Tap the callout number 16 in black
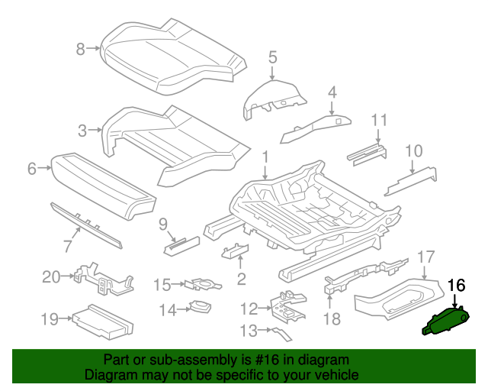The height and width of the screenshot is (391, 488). [x=456, y=286]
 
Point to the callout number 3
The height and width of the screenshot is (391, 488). [x=82, y=131]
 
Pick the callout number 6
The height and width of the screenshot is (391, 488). [x=32, y=169]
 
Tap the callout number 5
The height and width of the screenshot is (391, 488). [x=272, y=57]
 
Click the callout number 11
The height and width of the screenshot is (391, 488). [x=379, y=120]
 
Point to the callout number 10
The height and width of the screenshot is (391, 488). [x=413, y=150]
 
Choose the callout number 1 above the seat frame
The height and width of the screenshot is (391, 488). [x=265, y=158]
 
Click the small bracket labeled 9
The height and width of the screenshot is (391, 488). [x=181, y=244]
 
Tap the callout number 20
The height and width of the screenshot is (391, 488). [x=51, y=276]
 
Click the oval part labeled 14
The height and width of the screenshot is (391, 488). [x=201, y=307]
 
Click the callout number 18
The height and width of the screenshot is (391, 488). [x=331, y=318]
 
